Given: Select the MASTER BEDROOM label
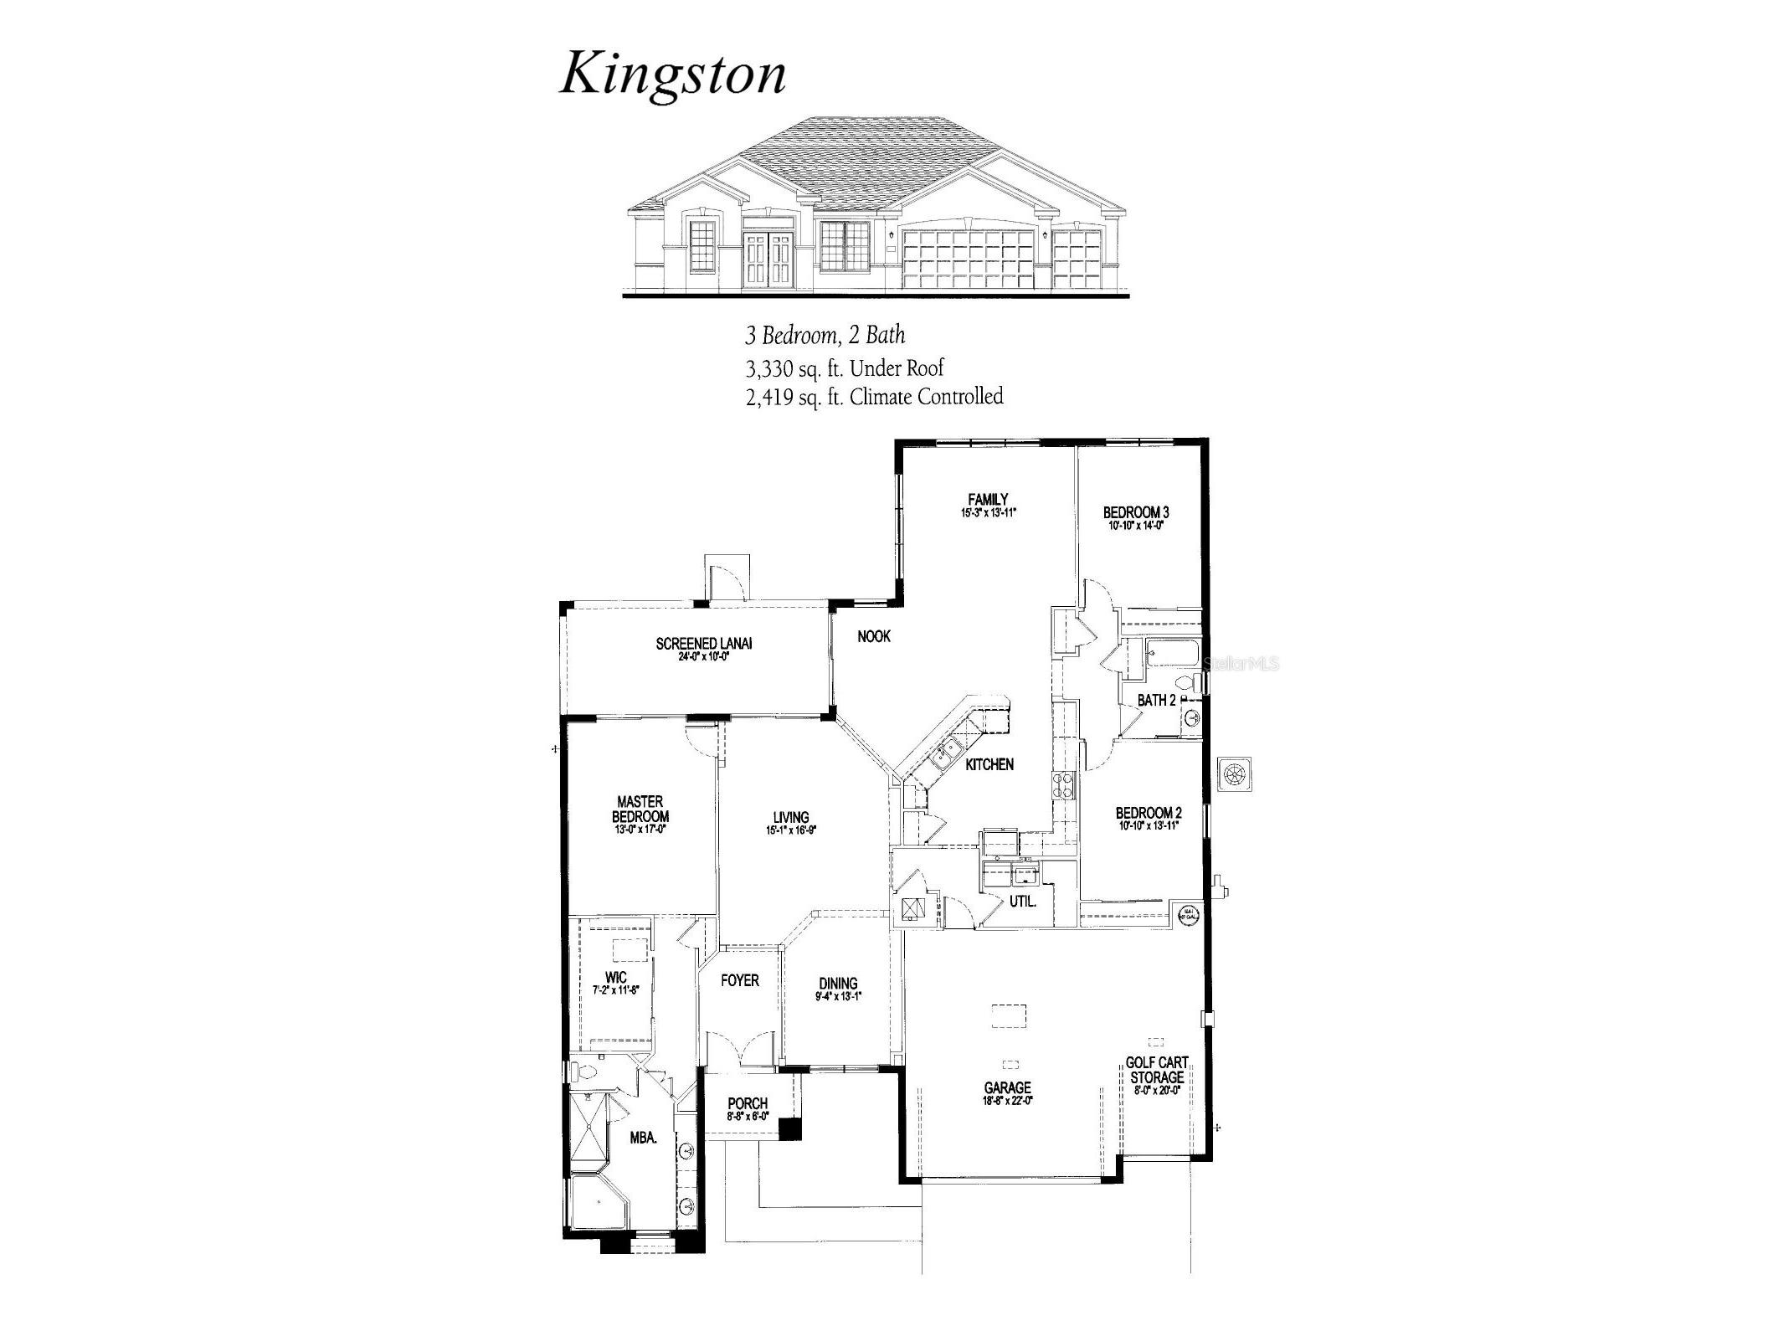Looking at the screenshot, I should (640, 809).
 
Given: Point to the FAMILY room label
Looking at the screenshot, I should (988, 500).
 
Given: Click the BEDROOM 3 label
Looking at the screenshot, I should (1136, 512).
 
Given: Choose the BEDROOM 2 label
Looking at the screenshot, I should (1149, 813).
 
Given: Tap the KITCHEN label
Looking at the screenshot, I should (989, 764).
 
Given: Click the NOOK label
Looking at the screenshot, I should (874, 636).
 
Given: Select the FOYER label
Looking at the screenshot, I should (740, 980).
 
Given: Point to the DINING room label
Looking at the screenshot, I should (838, 984).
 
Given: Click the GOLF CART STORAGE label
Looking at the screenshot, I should (1157, 1070).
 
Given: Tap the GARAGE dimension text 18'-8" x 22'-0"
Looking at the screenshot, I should (1008, 1101).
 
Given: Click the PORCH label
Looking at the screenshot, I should (748, 1103).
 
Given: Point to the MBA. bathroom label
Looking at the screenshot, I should (643, 1138).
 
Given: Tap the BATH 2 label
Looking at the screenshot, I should (1157, 700).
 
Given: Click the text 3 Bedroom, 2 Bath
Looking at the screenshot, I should (825, 336).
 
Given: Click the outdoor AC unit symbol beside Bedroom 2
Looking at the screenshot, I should (1235, 773).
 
